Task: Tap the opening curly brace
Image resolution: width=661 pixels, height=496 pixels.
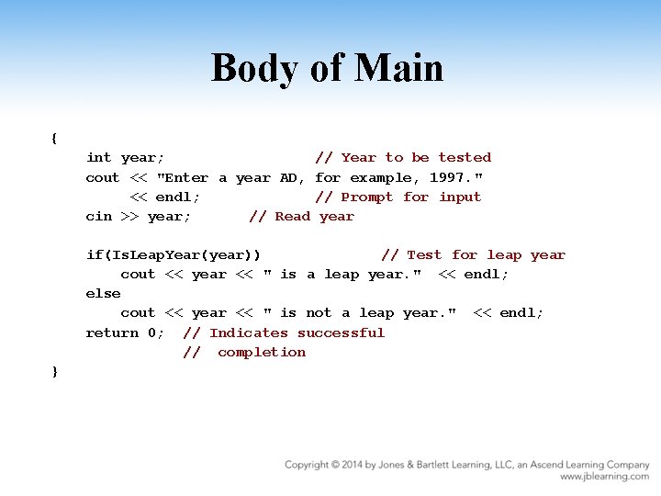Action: pyautogui.click(x=55, y=139)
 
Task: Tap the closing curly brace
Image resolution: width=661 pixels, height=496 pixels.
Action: pyautogui.click(x=55, y=371)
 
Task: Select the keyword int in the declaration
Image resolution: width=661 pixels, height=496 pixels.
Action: pyautogui.click(x=98, y=158)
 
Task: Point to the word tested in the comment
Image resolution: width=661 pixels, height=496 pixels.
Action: pyautogui.click(x=465, y=158)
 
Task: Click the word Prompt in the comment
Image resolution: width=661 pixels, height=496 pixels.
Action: pyautogui.click(x=367, y=197)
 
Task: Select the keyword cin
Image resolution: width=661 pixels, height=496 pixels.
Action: pyautogui.click(x=98, y=217)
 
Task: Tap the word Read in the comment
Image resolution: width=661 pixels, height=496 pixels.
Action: pyautogui.click(x=293, y=217)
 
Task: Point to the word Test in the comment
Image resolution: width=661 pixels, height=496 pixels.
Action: pyautogui.click(x=424, y=255)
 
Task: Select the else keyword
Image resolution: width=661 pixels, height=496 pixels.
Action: pyautogui.click(x=103, y=294)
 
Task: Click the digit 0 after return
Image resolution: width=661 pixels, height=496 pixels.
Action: pyautogui.click(x=151, y=333)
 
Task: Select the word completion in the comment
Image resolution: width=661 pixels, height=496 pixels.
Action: pyautogui.click(x=262, y=352)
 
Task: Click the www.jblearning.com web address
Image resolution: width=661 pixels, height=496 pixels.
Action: pyautogui.click(x=605, y=477)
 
